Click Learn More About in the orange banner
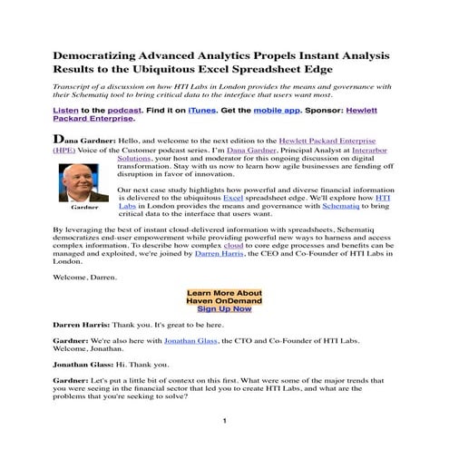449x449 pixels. (x=224, y=294)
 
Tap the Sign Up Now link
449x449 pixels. (x=224, y=309)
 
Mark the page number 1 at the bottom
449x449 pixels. (x=223, y=423)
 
